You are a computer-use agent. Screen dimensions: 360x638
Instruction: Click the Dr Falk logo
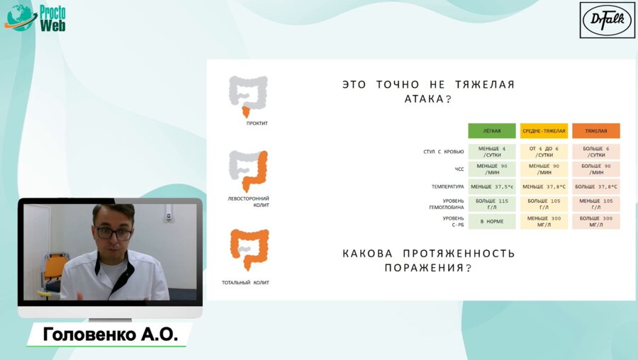point(607,20)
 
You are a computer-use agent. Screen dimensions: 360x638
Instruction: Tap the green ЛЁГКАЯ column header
point(492,131)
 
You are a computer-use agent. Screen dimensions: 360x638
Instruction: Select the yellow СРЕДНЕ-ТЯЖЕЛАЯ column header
point(544,131)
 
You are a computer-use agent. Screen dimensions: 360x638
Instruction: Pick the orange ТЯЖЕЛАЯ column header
point(595,131)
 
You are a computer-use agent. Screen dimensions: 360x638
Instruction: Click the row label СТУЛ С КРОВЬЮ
point(444,151)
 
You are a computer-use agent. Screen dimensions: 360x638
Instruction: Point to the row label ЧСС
point(459,169)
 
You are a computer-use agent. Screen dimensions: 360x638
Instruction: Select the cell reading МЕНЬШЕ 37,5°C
point(492,186)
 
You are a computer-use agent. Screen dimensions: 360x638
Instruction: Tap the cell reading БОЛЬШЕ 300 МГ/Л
point(595,221)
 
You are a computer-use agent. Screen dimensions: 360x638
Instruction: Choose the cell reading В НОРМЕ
point(492,221)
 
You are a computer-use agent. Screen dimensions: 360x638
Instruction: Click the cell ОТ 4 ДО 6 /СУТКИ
point(544,151)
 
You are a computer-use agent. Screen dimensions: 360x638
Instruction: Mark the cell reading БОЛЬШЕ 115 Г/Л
point(492,204)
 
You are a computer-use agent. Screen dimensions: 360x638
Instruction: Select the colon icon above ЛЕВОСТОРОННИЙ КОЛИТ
point(248,171)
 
